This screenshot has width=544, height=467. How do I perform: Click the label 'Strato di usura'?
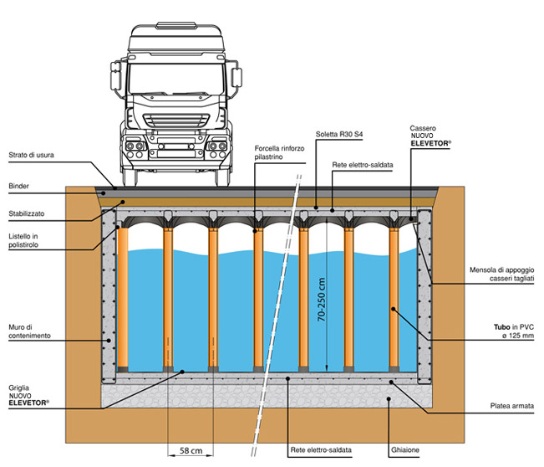tap(31, 155)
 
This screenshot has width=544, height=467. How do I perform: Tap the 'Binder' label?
tap(18, 186)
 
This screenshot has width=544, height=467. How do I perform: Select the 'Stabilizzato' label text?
tap(27, 213)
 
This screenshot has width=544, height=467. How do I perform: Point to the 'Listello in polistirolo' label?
tap(23, 240)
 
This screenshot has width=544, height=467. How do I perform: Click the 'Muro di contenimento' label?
tap(29, 331)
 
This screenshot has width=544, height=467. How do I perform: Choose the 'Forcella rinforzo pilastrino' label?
tap(279, 152)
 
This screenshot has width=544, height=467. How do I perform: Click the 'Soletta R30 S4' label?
tap(339, 134)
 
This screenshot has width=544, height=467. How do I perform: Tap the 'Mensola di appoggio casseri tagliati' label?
tap(501, 275)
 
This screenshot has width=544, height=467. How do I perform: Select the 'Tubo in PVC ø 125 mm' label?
tap(514, 331)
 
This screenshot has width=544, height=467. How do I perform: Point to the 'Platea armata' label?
tap(512, 406)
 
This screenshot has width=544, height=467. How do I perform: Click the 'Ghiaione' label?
tap(405, 450)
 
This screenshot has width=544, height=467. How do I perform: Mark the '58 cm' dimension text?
tap(191, 450)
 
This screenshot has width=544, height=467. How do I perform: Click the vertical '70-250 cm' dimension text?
tap(322, 299)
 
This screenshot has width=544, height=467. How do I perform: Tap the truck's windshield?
tap(176, 80)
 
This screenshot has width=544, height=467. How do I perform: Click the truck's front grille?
tap(176, 121)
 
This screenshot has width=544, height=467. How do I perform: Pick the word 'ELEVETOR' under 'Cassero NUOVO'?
tap(430, 143)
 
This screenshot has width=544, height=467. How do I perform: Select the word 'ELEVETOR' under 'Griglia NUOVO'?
tap(28, 403)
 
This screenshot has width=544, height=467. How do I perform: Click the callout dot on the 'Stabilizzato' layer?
tap(123, 202)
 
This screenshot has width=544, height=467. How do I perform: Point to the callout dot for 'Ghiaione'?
tap(389, 399)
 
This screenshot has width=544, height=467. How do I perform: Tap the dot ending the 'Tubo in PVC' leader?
tap(393, 309)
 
